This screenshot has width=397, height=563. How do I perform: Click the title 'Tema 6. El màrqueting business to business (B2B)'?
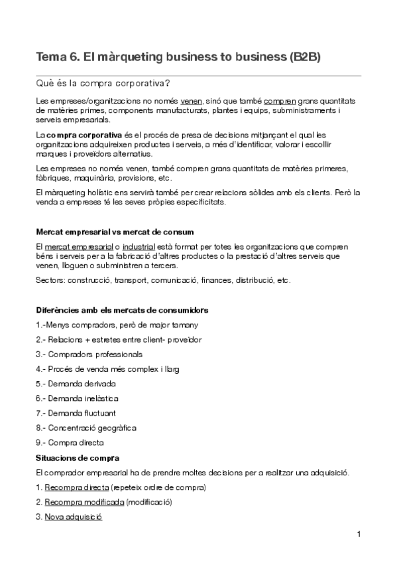point(178,57)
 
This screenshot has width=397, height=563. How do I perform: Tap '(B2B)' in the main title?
point(306,57)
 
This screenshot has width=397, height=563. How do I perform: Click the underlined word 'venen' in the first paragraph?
point(192,101)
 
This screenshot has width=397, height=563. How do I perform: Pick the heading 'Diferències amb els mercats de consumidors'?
point(122,310)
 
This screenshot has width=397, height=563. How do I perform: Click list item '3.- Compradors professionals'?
point(89,355)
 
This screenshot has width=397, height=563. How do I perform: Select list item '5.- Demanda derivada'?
point(76,384)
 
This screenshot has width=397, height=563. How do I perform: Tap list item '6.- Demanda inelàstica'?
point(79,398)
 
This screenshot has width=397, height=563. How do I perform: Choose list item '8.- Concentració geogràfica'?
point(87,428)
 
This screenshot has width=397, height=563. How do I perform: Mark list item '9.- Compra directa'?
point(70,443)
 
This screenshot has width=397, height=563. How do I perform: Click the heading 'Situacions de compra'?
point(78,457)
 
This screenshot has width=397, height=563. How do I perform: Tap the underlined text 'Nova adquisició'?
point(74,517)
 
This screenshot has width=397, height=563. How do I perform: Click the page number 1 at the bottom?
point(358,534)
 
